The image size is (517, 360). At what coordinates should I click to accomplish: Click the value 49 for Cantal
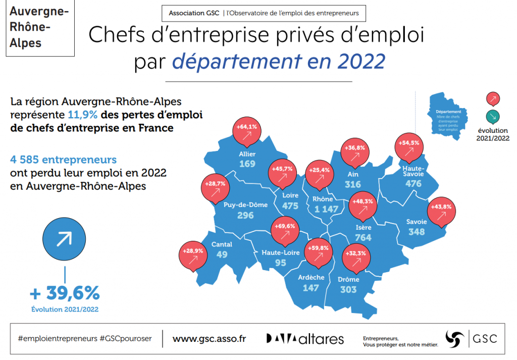(222, 255)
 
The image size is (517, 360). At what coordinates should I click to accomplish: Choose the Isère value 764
(364, 237)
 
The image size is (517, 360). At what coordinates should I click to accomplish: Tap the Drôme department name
(348, 279)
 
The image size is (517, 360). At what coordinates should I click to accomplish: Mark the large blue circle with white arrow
(64, 239)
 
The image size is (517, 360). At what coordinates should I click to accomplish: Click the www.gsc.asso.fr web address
(209, 338)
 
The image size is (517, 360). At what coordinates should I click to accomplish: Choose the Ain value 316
(353, 185)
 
